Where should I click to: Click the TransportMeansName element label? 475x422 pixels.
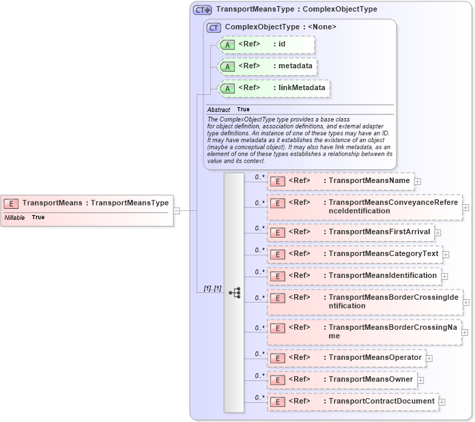pyautogui.click(x=369, y=181)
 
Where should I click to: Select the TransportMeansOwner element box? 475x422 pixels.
pyautogui.click(x=341, y=380)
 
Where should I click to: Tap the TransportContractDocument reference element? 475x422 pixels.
pyautogui.click(x=352, y=402)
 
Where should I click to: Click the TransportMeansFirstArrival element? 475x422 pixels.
pyautogui.click(x=349, y=232)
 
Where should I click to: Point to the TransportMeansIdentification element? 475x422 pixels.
pyautogui.click(x=353, y=276)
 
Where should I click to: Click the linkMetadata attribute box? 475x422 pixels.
pyautogui.click(x=273, y=88)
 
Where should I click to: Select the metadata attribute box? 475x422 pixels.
pyautogui.click(x=266, y=66)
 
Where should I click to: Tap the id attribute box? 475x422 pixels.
pyautogui.click(x=266, y=45)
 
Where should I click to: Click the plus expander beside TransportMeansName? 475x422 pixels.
pyautogui.click(x=418, y=182)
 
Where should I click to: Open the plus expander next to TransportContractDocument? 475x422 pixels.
pyautogui.click(x=442, y=402)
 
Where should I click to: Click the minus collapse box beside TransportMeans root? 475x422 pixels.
pyautogui.click(x=177, y=210)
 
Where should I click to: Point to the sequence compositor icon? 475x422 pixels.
pyautogui.click(x=235, y=292)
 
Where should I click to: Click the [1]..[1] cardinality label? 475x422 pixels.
pyautogui.click(x=212, y=288)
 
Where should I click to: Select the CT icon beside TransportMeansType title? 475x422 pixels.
pyautogui.click(x=202, y=10)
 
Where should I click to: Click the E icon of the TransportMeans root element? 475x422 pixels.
pyautogui.click(x=11, y=203)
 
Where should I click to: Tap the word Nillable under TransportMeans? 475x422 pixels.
pyautogui.click(x=14, y=217)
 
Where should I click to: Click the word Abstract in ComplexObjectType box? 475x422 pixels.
pyautogui.click(x=218, y=109)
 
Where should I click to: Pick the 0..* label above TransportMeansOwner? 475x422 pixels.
pyautogui.click(x=259, y=375)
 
